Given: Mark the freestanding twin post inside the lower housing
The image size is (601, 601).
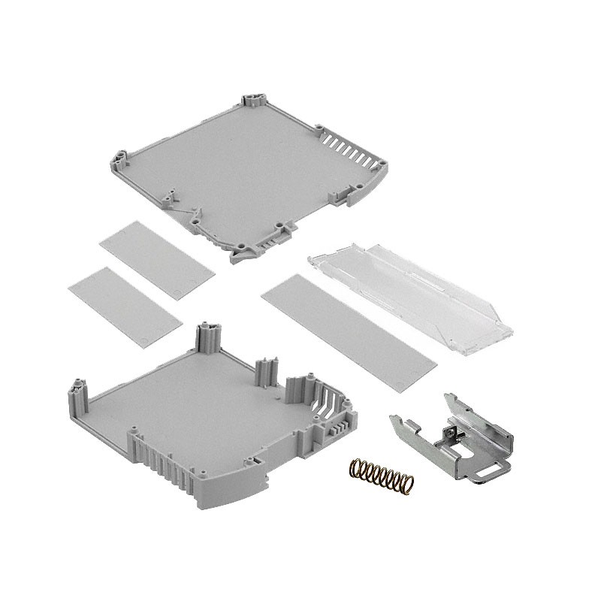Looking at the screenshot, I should pyautogui.click(x=267, y=371).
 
